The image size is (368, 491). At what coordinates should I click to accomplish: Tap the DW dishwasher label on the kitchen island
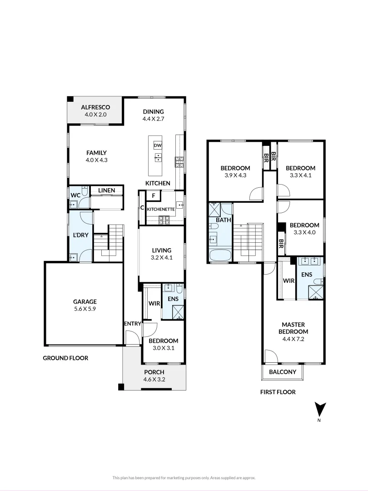click(158, 145)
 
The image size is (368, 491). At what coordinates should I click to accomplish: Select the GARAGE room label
click(85, 301)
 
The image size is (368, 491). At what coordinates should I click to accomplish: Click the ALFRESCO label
click(95, 107)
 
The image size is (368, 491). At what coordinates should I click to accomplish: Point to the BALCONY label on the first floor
click(283, 372)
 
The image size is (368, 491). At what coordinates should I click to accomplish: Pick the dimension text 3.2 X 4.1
click(161, 257)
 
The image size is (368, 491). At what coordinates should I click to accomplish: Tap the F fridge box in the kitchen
click(154, 196)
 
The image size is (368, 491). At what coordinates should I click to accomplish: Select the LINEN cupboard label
click(107, 190)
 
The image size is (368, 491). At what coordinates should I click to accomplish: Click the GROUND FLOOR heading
click(65, 358)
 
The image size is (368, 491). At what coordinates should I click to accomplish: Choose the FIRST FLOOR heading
click(278, 392)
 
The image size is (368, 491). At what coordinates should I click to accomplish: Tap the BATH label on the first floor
click(223, 220)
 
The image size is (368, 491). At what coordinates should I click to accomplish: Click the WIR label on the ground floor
click(154, 303)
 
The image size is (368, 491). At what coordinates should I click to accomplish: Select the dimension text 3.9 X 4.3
click(235, 175)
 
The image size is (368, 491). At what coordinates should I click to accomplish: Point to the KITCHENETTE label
click(161, 209)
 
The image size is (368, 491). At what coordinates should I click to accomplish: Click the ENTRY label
click(132, 323)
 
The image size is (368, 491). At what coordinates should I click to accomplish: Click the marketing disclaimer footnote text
click(184, 477)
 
